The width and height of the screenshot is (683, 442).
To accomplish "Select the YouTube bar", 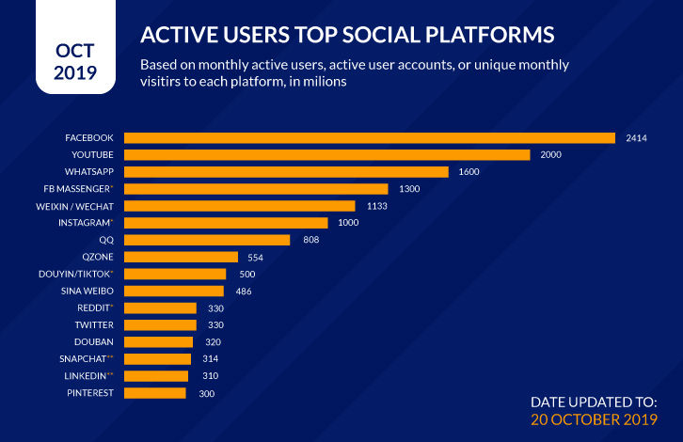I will (x=326, y=154).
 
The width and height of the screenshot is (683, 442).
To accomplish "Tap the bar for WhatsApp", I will (x=286, y=171).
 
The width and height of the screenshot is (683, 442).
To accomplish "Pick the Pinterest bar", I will (x=155, y=392).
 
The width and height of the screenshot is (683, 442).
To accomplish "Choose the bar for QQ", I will (x=207, y=240).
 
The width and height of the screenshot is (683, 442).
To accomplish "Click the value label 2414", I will (x=637, y=138).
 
